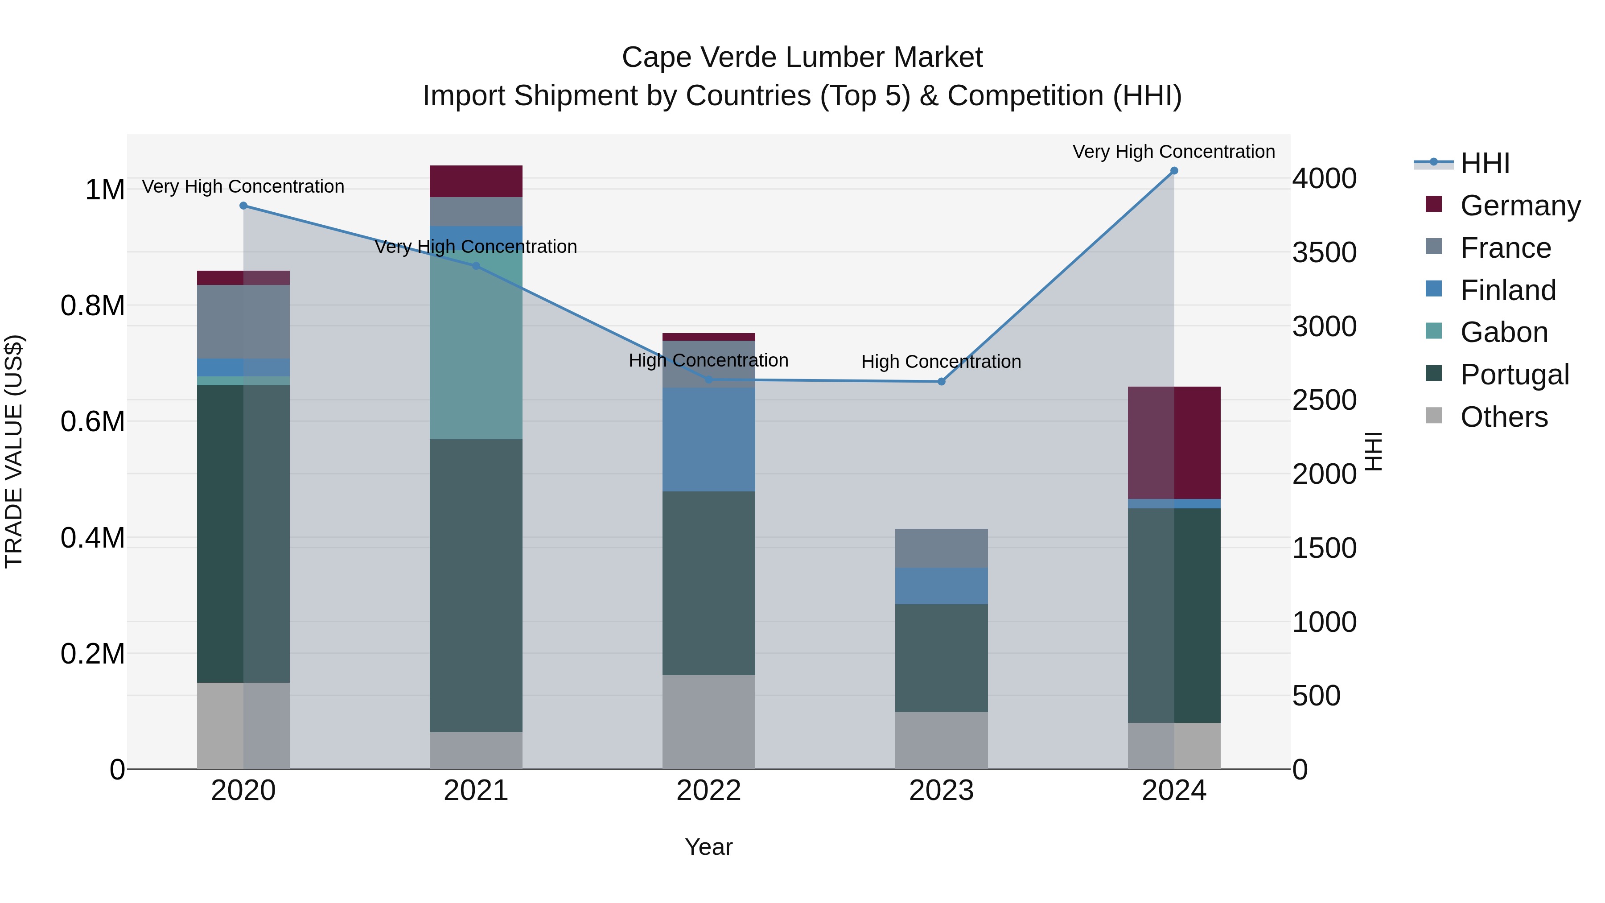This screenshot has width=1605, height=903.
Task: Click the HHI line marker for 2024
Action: tap(1174, 171)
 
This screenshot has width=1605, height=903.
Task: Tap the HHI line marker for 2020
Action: tap(243, 206)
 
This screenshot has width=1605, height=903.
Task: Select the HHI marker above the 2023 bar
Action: tap(942, 381)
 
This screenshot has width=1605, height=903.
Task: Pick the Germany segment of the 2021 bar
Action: tap(476, 181)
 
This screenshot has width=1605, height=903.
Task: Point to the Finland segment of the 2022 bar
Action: tap(708, 439)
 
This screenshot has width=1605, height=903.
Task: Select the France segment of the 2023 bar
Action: tap(942, 548)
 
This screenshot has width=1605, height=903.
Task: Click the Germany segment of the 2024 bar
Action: tap(1174, 442)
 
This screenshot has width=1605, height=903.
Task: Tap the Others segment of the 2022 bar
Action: tap(708, 722)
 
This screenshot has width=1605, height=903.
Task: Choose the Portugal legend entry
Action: tap(1514, 375)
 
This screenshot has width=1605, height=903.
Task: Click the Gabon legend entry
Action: tap(1503, 332)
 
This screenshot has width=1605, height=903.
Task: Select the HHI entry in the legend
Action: tap(1485, 163)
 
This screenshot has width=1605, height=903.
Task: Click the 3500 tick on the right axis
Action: tap(1324, 252)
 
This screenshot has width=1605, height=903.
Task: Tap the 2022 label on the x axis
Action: tap(708, 791)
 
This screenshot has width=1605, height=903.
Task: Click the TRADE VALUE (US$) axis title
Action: tap(14, 451)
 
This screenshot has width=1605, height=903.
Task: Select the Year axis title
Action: tap(708, 847)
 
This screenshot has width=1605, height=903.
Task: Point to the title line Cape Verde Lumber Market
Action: tap(802, 58)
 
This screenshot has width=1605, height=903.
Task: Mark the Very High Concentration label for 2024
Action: tap(1173, 152)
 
